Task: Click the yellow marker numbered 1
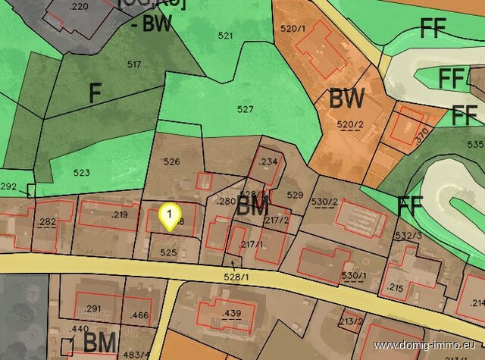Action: point(171,216)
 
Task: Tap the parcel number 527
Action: point(245,109)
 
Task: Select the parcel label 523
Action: point(82,172)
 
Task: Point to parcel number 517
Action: point(134,64)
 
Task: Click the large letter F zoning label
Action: point(95,93)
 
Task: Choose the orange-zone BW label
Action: point(347,99)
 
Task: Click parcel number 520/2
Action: point(350,124)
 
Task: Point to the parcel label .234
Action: point(268,162)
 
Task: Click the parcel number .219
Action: point(119,214)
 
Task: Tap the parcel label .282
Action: point(47,221)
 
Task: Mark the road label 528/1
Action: point(236,277)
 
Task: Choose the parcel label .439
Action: point(230,313)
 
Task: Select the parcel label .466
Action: point(139,315)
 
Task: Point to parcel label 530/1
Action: point(354,275)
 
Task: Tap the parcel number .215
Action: point(395,287)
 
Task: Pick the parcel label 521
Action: point(225,36)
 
